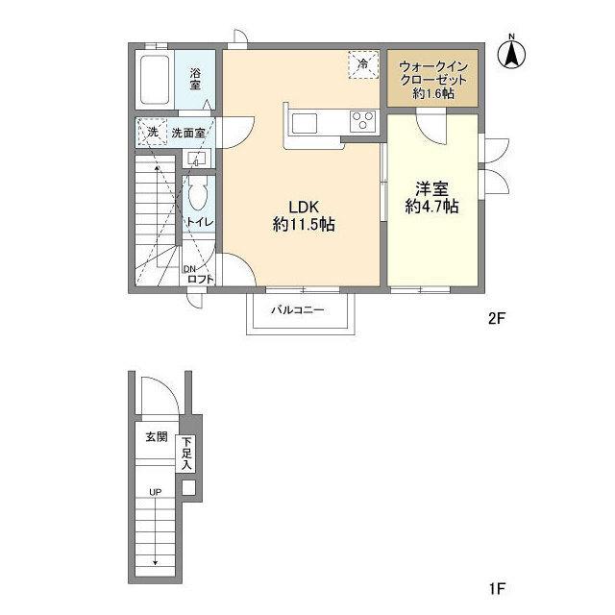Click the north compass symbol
tap(511, 54)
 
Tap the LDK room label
tap(304, 207)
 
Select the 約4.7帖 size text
tap(431, 207)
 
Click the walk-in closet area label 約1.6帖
tap(433, 93)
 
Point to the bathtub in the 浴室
tap(155, 80)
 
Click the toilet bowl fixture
tap(198, 194)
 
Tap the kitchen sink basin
tap(305, 123)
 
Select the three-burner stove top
tap(363, 121)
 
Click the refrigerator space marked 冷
tap(363, 64)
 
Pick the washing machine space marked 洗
tap(153, 132)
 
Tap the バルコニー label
tap(298, 310)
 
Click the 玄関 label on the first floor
tap(157, 436)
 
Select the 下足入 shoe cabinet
tap(186, 454)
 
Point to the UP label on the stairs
tap(156, 492)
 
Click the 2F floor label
tap(496, 318)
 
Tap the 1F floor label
tap(496, 588)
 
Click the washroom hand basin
tap(196, 159)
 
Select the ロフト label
tap(201, 279)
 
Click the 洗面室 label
tap(188, 133)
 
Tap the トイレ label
tap(200, 222)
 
